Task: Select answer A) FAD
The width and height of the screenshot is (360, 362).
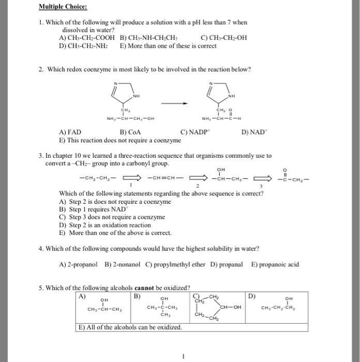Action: click(x=70, y=132)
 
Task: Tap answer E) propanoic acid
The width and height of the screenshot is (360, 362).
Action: click(x=275, y=264)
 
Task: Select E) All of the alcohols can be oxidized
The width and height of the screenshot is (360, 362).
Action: click(x=130, y=328)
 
